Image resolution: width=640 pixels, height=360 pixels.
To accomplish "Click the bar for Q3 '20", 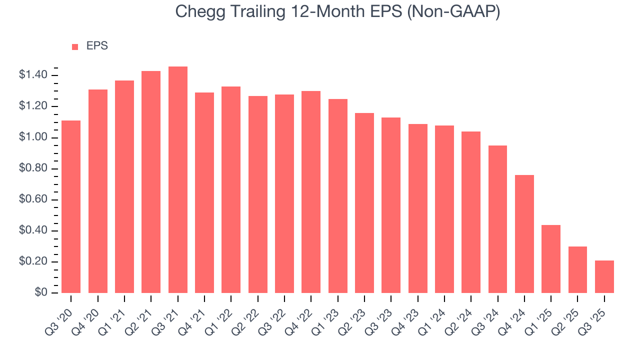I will click(71, 206).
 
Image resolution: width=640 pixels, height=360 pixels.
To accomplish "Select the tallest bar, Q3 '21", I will click(178, 179).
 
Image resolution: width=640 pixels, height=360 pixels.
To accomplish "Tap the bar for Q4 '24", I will click(524, 234).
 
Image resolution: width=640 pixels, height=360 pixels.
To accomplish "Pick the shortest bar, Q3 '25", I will click(604, 276).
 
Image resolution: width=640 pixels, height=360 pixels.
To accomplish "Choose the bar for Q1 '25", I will click(551, 259).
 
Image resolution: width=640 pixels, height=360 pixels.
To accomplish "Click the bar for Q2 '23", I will click(364, 203).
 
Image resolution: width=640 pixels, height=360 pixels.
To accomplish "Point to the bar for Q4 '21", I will click(204, 192).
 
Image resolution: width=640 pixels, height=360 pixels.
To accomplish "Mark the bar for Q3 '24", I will click(497, 219).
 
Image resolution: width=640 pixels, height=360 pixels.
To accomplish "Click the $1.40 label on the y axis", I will click(33, 75).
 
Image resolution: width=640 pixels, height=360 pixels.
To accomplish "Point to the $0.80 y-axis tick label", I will click(33, 169).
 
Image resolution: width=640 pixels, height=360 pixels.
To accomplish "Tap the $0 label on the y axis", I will click(41, 293).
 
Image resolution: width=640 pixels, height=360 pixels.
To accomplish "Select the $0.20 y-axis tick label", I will click(33, 262).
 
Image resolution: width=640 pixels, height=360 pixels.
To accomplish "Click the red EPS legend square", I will click(75, 47).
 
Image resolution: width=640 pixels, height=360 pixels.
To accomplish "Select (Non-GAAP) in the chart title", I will click(454, 12).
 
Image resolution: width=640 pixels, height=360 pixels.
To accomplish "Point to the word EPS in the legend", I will click(97, 46).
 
